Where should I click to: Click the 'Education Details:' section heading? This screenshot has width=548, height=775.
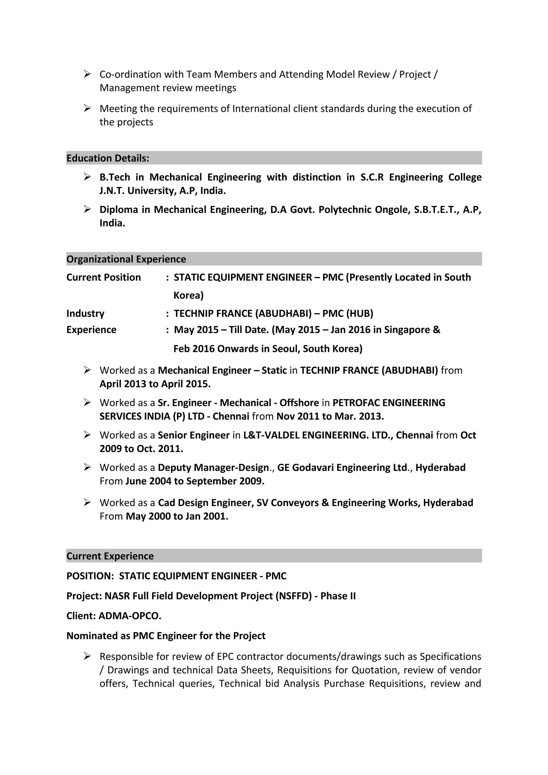point(108,158)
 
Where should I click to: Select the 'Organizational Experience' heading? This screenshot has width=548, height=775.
point(126,259)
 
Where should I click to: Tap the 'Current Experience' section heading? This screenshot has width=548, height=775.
point(110,556)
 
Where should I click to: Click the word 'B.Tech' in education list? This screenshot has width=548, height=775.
point(115,177)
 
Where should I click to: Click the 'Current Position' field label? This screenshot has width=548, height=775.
point(103,278)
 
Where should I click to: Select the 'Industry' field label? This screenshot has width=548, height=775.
point(85,314)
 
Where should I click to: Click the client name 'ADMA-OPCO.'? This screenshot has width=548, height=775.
point(130,616)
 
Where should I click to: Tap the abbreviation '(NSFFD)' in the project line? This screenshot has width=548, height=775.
point(294,596)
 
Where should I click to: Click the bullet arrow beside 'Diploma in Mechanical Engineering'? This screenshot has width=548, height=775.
point(87,210)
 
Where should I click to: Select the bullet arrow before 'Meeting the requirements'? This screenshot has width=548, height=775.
point(87,108)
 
